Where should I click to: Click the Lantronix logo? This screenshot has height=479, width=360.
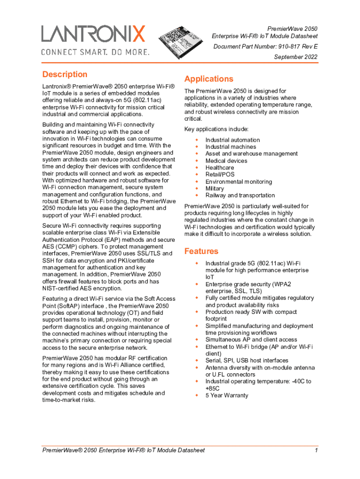coord(94,34)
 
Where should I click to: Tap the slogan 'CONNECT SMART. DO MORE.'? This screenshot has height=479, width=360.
coord(95,51)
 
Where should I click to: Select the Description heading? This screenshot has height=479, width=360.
coord(65,74)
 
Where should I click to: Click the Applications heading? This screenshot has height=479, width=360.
coord(209,79)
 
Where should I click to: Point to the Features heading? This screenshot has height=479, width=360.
coord(201,251)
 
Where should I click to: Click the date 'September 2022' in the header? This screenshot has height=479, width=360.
coord(295,57)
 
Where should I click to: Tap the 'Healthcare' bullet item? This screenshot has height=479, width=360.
coord(220,167)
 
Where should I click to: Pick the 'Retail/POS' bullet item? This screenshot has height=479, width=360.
coord(220,174)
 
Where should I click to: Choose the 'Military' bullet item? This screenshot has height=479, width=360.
coord(215,189)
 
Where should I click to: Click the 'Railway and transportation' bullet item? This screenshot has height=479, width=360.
coord(240,196)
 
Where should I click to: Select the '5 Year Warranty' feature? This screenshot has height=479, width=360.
coord(227,395)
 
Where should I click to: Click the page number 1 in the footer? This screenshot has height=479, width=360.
coord(317,450)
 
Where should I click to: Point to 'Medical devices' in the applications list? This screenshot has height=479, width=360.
coord(226,161)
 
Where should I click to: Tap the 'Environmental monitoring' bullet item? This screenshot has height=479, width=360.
coord(238,181)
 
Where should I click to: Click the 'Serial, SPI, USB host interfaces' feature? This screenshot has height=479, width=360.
coord(246,361)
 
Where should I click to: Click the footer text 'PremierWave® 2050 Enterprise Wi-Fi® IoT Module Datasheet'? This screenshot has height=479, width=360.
coord(123,450)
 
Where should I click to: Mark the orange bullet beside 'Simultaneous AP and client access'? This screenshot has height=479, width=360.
coord(197,340)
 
